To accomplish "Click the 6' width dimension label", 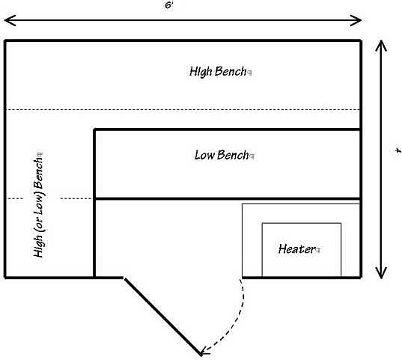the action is click(169, 5).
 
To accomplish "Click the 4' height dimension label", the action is click(397, 150).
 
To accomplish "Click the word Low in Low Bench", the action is click(204, 155).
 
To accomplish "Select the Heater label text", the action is click(296, 248).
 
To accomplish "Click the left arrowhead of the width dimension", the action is click(10, 20).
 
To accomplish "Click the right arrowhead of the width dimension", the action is click(356, 20).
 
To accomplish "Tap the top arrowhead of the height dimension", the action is click(381, 46).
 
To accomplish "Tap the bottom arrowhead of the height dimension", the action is click(381, 273).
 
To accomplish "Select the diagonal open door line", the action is click(162, 317).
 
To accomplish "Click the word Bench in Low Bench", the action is click(233, 155).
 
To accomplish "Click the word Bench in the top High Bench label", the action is click(231, 71).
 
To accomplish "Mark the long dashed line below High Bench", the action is click(183, 110).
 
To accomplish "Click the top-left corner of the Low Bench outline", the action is click(94, 129).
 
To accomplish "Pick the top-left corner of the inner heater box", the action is click(262, 223).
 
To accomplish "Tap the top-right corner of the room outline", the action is click(361, 40).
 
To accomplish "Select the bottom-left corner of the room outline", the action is click(5, 278).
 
